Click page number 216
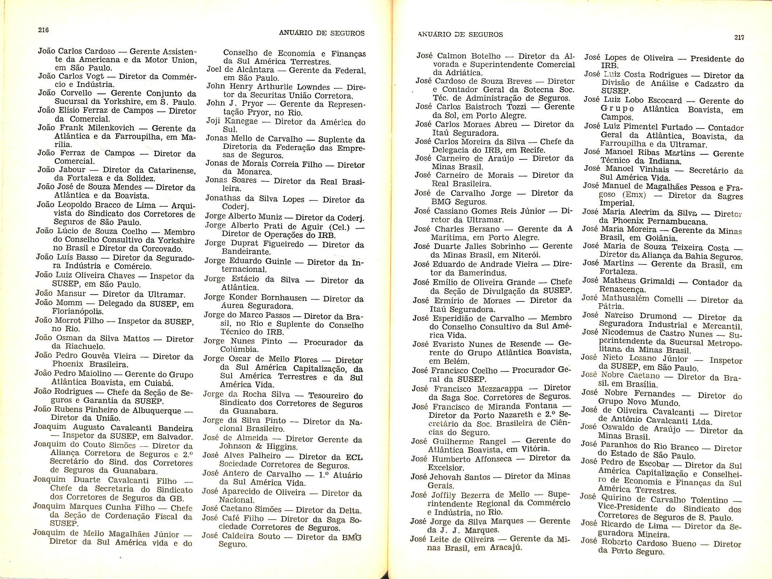43,30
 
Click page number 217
739,37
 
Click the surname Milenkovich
113,128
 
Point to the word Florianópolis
78,311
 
